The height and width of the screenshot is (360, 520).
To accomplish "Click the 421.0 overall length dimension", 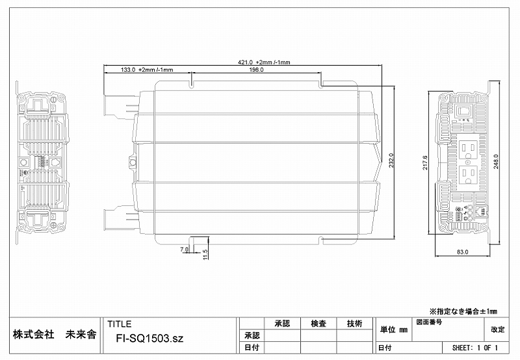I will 263,62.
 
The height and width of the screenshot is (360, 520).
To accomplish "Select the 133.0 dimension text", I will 137,70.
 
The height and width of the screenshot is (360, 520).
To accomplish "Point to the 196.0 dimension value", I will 256,70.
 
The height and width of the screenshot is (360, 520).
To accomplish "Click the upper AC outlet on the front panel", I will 468,151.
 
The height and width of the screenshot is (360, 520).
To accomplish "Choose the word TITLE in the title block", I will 119,324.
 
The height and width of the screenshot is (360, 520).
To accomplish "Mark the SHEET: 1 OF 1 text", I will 474,348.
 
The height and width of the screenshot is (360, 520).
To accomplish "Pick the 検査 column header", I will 318,324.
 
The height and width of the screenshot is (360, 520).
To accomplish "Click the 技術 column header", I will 354,324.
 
